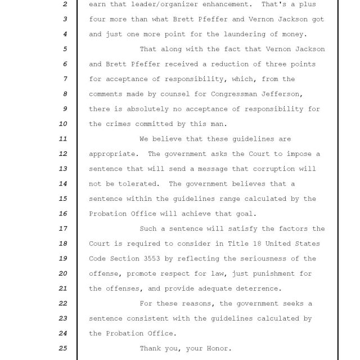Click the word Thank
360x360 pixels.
coord(150,349)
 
